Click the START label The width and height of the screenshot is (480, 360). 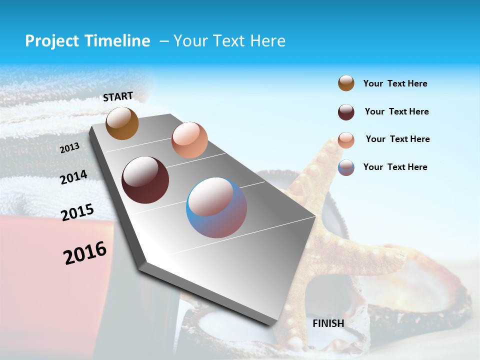coord(118,96)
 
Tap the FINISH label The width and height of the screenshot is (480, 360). coord(328,323)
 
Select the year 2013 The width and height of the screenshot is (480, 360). coord(69,148)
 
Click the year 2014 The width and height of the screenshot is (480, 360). coord(73,177)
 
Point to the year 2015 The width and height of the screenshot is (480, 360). coord(77,212)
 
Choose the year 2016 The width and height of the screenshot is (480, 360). coord(85,253)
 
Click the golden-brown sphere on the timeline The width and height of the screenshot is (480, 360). coord(122,123)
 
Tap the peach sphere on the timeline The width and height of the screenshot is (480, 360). coord(189,140)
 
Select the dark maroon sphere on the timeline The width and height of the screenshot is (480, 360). coord(145,180)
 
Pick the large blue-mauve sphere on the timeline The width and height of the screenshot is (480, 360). coord(216,207)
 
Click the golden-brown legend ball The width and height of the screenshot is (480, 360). coord(346,83)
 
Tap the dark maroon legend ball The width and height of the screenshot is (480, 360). coord(346,112)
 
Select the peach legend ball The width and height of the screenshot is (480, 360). coord(346,140)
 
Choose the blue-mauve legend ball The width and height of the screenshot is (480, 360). coord(346,167)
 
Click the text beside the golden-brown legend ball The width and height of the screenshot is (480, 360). coord(395,83)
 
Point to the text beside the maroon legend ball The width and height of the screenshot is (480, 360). coord(396,111)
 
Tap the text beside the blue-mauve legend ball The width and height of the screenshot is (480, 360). coord(395,167)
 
